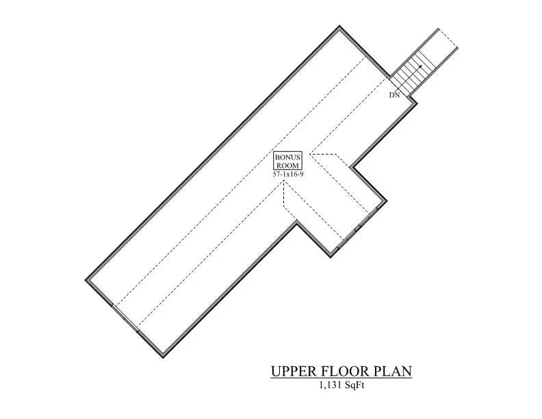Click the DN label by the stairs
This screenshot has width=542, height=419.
(394, 95)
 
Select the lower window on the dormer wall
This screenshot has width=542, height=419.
(348, 239)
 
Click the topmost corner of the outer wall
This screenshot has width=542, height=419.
(340, 27)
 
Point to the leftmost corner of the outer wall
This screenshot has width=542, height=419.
(86, 279)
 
